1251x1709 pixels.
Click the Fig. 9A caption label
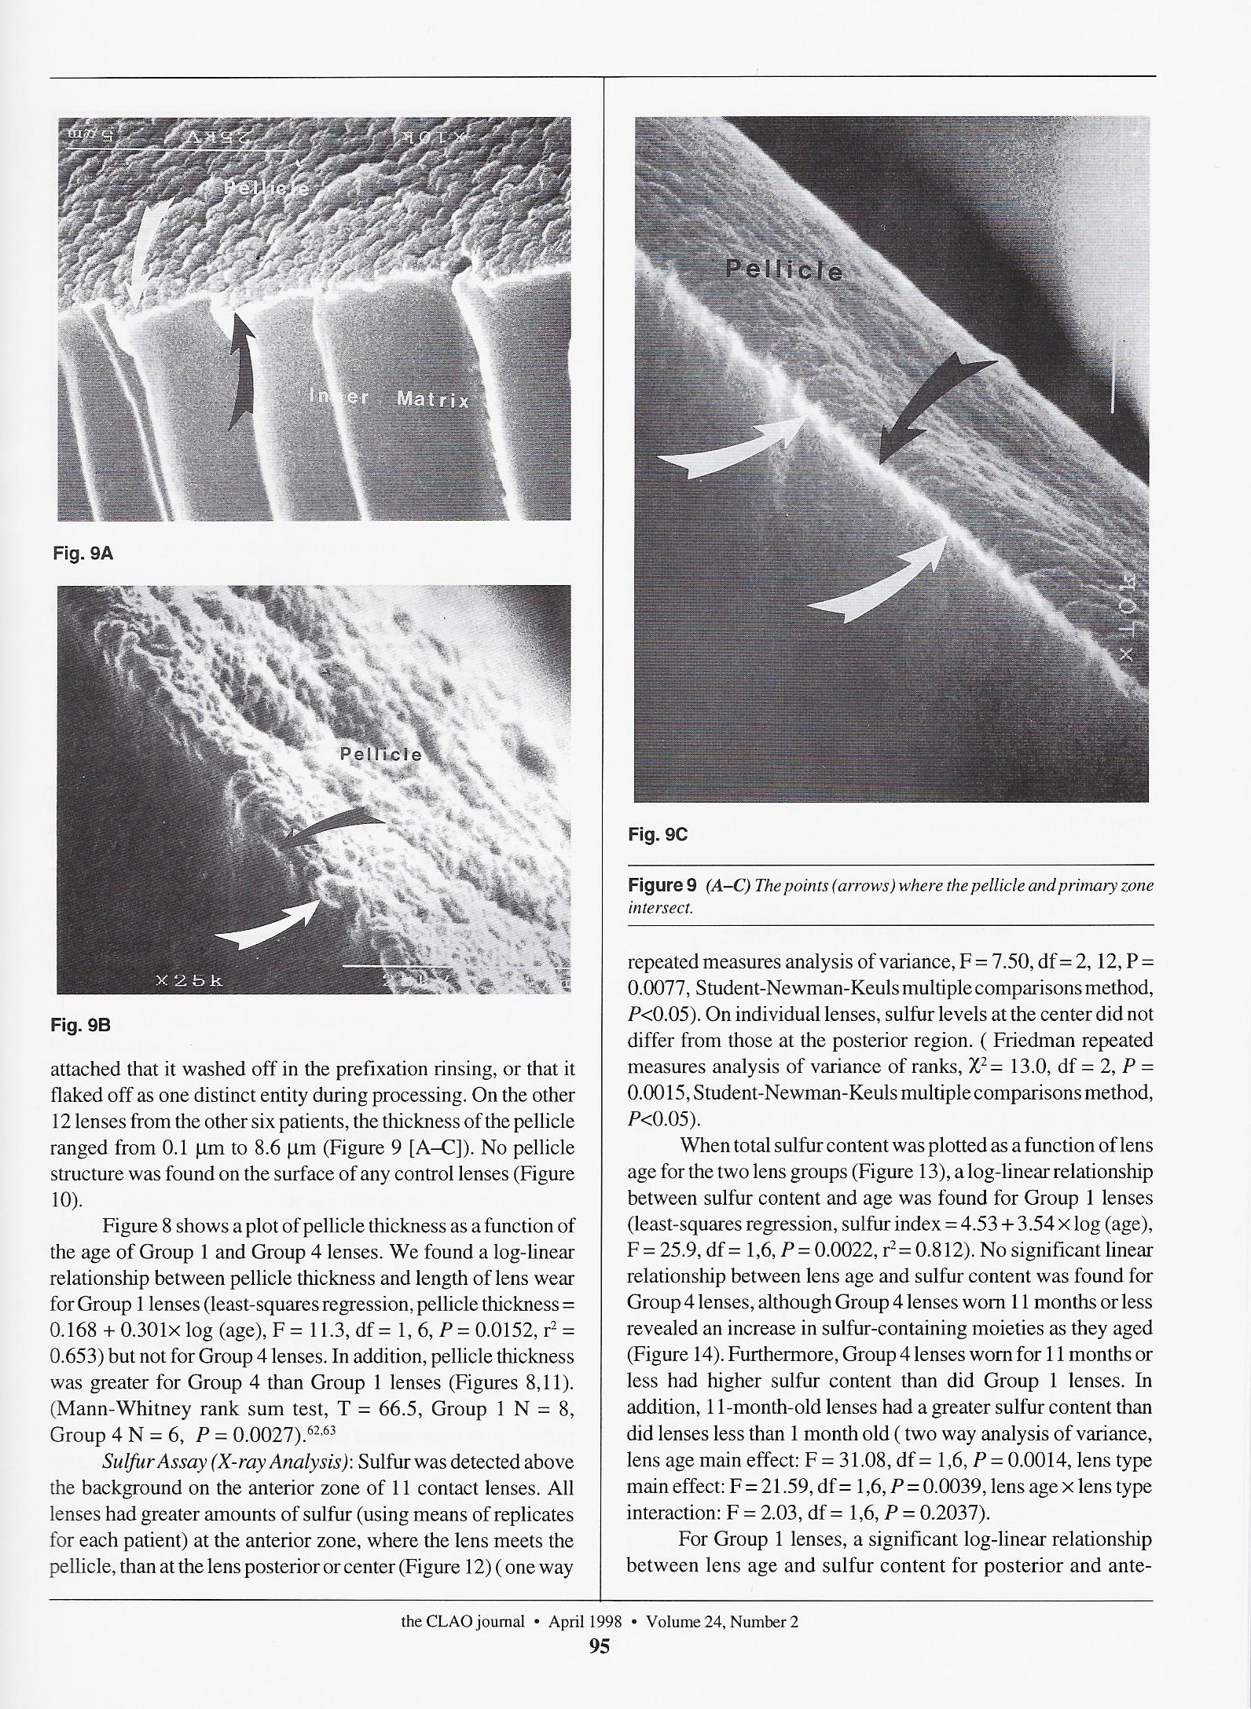click(x=83, y=554)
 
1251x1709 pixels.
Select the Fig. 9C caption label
click(x=658, y=835)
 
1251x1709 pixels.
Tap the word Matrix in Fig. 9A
click(x=433, y=400)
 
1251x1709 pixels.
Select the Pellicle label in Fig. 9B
click(x=380, y=755)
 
